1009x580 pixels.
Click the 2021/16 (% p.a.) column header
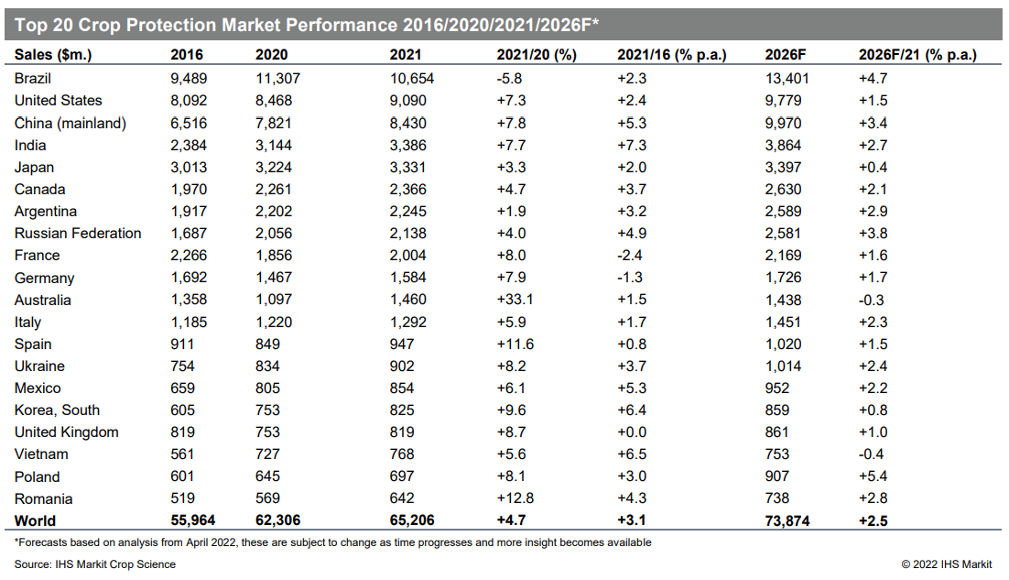[x=672, y=55]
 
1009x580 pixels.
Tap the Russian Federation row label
[x=78, y=233]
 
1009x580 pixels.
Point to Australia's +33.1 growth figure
[x=515, y=300]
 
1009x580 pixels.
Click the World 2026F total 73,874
[x=787, y=520]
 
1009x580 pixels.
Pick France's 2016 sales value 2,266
[x=189, y=256]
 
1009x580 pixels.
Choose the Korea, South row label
[x=58, y=410]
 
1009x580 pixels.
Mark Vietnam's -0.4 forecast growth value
[x=872, y=454]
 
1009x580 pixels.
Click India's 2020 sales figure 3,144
[x=274, y=146]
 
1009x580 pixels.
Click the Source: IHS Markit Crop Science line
[x=95, y=564]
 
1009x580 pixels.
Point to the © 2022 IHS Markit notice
[x=947, y=564]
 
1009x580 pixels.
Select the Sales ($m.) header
[x=53, y=55]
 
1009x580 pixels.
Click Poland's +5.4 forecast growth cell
[x=873, y=476]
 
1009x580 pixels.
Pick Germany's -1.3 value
[x=630, y=278]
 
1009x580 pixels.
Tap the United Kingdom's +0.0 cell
[x=632, y=432]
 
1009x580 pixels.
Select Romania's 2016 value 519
[x=183, y=498]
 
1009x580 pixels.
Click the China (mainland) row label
[x=71, y=123]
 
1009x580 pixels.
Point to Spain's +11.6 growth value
[x=515, y=345]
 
